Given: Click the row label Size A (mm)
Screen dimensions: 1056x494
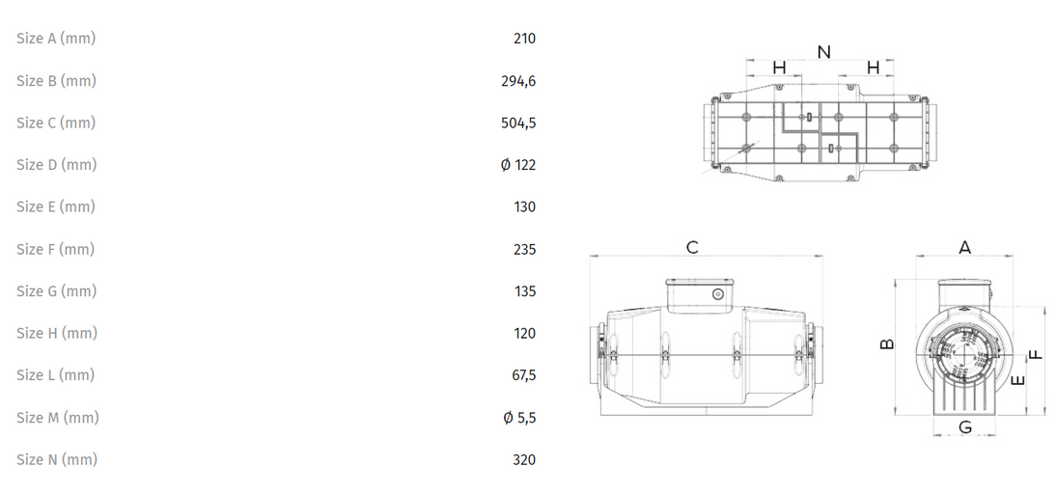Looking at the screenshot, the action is (56, 39).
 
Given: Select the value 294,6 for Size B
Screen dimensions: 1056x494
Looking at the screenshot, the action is (518, 81).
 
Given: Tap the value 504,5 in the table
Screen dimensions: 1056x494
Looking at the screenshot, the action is (518, 123).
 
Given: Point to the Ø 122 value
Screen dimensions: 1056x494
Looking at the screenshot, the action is (518, 165).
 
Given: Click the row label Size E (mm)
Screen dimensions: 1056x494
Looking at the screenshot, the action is (56, 206).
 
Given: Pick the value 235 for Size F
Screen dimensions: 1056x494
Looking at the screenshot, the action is (525, 250).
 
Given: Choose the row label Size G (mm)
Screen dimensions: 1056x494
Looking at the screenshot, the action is (57, 291).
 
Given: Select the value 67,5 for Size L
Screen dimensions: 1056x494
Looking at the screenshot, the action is (524, 375).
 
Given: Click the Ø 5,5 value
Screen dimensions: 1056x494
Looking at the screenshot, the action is (519, 418).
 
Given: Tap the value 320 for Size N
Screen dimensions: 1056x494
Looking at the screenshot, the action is (525, 460).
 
